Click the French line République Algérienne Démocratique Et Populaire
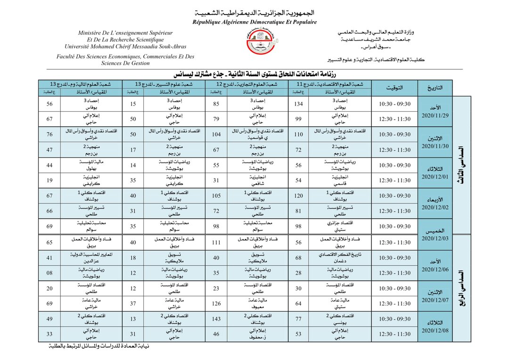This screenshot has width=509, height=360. click(254, 22)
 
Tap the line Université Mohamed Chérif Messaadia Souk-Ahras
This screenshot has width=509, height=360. click(125, 47)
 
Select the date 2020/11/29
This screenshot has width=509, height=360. click(434, 115)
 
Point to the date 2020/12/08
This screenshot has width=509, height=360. click(434, 330)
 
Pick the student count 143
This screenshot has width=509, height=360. click(216, 319)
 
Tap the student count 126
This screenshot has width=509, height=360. click(216, 303)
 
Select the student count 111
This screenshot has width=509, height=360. click(216, 242)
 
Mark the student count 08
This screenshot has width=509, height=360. click(49, 273)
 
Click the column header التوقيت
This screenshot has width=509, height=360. click(394, 88)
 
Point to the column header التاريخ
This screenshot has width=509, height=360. click(434, 88)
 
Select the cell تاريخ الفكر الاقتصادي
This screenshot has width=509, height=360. click(337, 254)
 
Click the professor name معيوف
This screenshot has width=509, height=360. click(255, 306)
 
